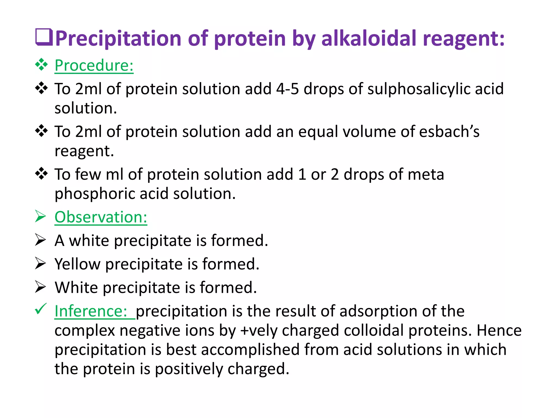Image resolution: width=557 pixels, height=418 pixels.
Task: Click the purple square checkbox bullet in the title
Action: [x=44, y=37]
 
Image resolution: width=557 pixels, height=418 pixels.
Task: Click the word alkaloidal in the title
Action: [x=369, y=38]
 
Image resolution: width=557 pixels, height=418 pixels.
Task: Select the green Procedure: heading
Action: [x=94, y=65]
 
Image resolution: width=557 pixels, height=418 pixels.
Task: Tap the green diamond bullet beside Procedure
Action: [x=41, y=65]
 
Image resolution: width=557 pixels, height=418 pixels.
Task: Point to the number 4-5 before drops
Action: [x=287, y=89]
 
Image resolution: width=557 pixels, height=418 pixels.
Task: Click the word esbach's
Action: [x=449, y=132]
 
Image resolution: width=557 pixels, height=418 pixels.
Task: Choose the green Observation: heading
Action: [x=101, y=217]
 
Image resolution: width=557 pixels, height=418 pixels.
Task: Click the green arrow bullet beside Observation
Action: [x=41, y=217]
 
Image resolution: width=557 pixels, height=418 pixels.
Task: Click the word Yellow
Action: [x=78, y=264]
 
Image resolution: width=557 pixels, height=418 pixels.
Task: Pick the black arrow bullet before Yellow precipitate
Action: [x=41, y=263]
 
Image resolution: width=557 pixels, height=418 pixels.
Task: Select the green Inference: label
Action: [x=91, y=311]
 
